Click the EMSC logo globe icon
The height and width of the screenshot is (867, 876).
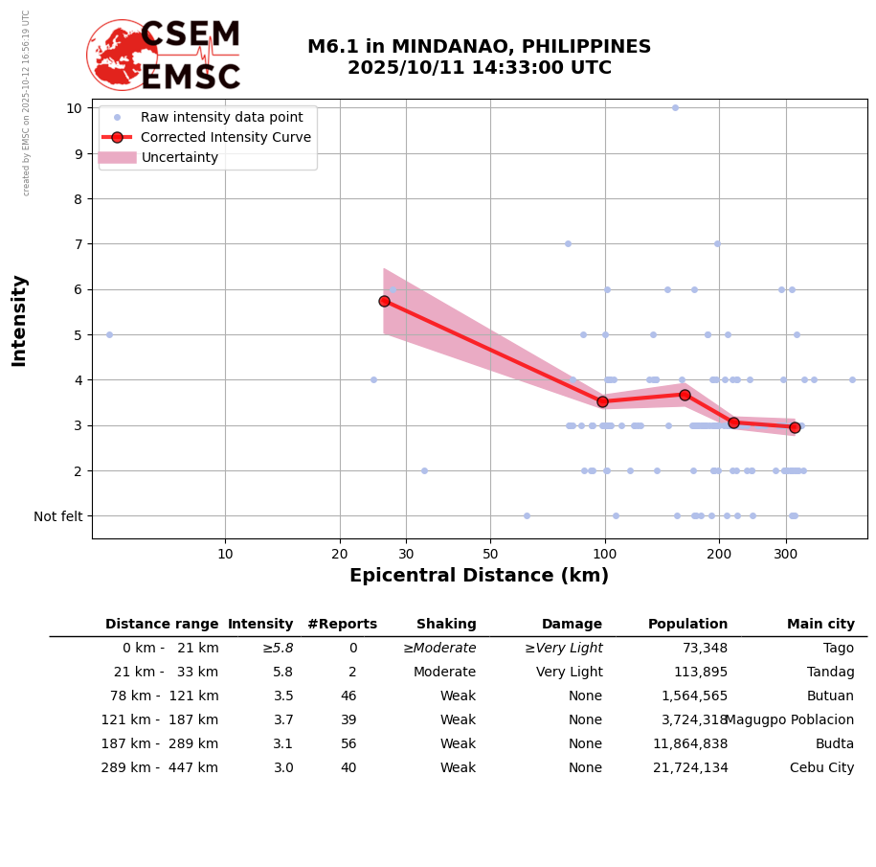(123, 56)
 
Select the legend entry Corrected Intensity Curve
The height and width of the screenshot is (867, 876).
(225, 137)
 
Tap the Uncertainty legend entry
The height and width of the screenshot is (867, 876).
(180, 157)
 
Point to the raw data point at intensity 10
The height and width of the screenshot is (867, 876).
(675, 107)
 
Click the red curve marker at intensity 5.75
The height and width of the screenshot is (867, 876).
(384, 301)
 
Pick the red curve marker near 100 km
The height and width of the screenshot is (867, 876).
(602, 401)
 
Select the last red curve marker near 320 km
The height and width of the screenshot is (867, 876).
(795, 427)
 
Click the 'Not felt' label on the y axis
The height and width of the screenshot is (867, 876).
(58, 516)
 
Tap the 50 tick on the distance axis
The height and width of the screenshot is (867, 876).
(490, 554)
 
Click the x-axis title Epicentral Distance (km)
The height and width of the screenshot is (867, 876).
(479, 576)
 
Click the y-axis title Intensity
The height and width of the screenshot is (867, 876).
(19, 320)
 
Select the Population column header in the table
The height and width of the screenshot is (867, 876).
(687, 625)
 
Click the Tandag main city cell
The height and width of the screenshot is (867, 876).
(830, 673)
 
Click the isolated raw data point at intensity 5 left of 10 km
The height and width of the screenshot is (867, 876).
(109, 334)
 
